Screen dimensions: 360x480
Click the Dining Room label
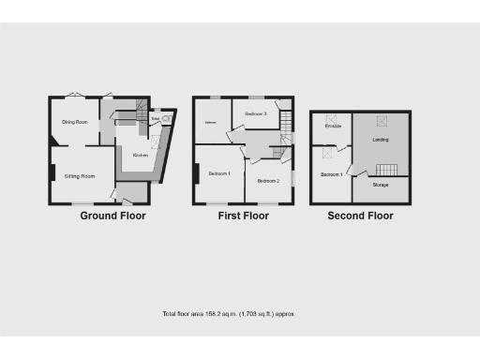(75, 122)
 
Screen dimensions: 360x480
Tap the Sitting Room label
(79, 176)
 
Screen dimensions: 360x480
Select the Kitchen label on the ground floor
(140, 156)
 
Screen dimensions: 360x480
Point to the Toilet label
(154, 119)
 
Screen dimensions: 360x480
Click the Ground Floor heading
(112, 215)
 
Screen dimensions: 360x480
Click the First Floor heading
(242, 215)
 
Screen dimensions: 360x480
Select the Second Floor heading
(360, 215)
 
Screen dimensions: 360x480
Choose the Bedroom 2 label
(268, 180)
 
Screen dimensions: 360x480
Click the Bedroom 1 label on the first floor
(219, 173)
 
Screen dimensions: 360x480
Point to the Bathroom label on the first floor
(211, 123)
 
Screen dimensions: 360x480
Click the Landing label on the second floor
(381, 140)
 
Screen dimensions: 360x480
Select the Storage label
(380, 185)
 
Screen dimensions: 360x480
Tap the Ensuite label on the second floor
(333, 126)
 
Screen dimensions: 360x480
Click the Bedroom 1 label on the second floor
(331, 174)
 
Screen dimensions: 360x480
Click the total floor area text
(229, 313)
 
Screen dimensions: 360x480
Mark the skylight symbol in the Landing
(382, 119)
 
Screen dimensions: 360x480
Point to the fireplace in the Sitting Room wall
(52, 173)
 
